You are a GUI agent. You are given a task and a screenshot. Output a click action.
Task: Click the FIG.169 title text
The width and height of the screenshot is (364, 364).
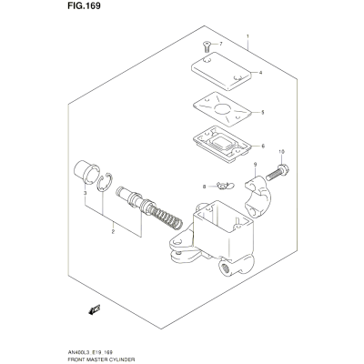(x=84, y=6)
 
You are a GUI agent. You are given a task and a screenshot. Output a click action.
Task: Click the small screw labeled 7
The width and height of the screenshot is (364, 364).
(x=207, y=47)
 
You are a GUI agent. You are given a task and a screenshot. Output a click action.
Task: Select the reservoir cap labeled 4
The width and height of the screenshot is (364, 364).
(x=221, y=71)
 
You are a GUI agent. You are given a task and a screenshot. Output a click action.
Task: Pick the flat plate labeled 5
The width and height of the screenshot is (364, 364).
(x=222, y=109)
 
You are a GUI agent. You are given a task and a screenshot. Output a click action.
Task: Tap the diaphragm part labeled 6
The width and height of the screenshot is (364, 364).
(x=222, y=143)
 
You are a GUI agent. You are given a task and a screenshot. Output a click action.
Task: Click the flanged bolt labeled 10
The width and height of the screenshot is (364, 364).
(x=278, y=172)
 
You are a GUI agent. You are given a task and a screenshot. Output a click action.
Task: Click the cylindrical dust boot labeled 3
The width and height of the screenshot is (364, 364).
(x=86, y=172)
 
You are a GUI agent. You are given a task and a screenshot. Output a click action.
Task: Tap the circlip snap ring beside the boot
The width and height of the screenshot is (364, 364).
(x=105, y=183)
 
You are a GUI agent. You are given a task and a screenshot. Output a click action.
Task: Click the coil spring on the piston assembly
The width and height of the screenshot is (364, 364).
(x=167, y=216)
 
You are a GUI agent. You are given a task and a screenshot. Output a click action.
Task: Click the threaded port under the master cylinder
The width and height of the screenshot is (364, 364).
(x=226, y=268)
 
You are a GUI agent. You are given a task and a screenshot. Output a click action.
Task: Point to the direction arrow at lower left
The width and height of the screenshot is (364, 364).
(x=95, y=309)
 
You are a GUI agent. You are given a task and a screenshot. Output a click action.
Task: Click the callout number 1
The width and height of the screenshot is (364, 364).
(x=248, y=36)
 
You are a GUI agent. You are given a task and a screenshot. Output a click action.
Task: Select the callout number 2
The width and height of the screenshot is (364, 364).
(x=113, y=232)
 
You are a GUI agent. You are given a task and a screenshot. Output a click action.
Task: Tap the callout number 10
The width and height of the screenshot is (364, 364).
(x=281, y=151)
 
